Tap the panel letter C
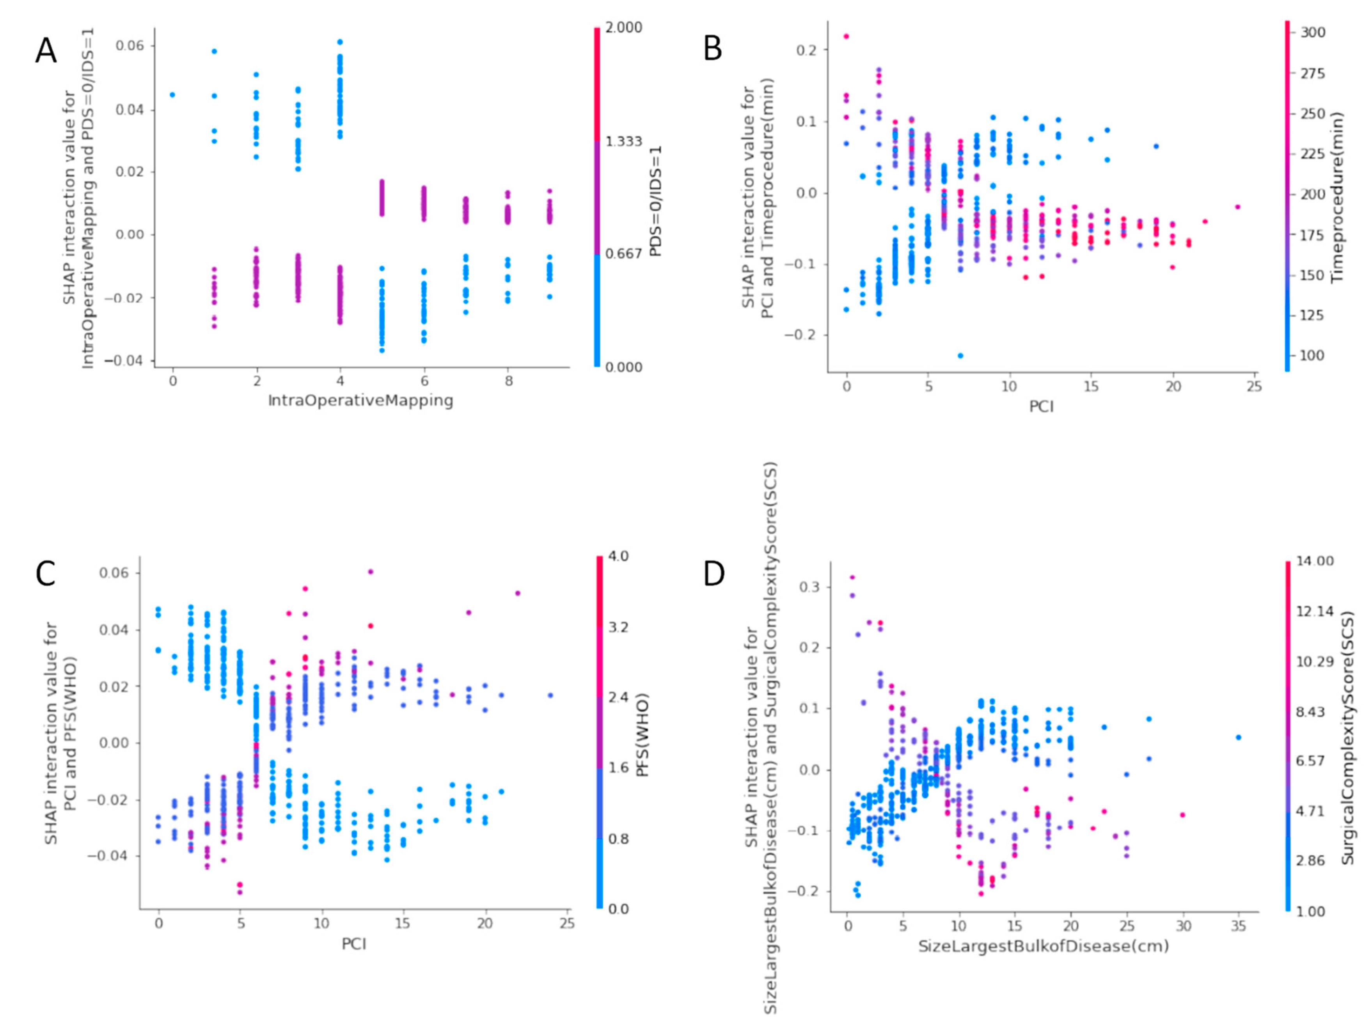pyautogui.click(x=45, y=574)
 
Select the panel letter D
pyautogui.click(x=714, y=574)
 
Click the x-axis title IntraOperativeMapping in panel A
pyautogui.click(x=360, y=401)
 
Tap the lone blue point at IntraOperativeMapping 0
pyautogui.click(x=172, y=95)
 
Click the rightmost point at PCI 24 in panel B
pyautogui.click(x=1237, y=207)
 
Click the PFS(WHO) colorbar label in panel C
pyautogui.click(x=643, y=735)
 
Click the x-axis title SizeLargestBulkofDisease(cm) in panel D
pyautogui.click(x=1043, y=947)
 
